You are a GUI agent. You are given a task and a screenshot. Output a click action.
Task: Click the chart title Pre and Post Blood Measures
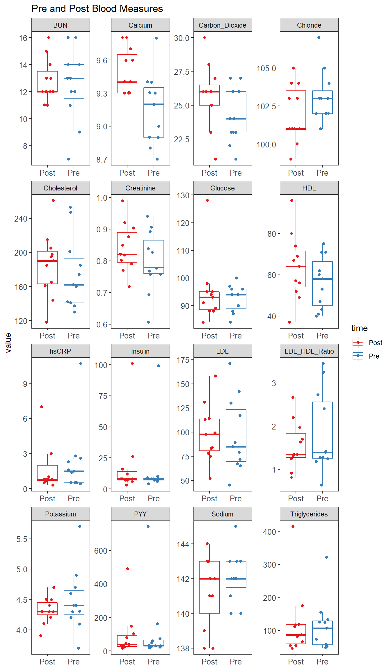[x=97, y=9]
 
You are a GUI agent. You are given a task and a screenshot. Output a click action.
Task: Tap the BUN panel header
[x=61, y=25]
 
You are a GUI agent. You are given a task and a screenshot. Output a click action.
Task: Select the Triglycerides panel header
[x=309, y=514]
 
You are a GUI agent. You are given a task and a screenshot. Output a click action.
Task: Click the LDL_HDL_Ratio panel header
[x=309, y=351]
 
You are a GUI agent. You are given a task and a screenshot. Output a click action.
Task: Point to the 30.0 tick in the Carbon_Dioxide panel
[x=182, y=38]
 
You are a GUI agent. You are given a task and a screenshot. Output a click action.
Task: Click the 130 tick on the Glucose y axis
[x=183, y=195]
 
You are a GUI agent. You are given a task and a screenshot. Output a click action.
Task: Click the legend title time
[x=359, y=328]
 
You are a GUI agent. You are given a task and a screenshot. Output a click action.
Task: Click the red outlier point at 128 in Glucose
[x=207, y=200]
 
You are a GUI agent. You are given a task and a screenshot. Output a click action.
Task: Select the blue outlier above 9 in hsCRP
[x=81, y=363]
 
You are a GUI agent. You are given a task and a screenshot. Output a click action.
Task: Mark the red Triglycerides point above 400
[x=293, y=526]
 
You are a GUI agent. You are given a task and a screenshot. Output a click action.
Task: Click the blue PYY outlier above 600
[x=148, y=526]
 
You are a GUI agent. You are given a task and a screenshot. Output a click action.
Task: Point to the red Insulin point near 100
[x=132, y=363]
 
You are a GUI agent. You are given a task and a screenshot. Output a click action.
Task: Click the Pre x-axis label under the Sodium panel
[x=236, y=662]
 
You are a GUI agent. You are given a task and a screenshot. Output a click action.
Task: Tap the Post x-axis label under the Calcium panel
[x=127, y=173]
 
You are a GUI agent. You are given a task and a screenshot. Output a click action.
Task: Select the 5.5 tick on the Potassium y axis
[x=22, y=539]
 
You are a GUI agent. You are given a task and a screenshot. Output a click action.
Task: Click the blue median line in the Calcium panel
[x=154, y=104]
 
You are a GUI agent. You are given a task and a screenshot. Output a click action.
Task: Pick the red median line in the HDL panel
[x=296, y=266]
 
